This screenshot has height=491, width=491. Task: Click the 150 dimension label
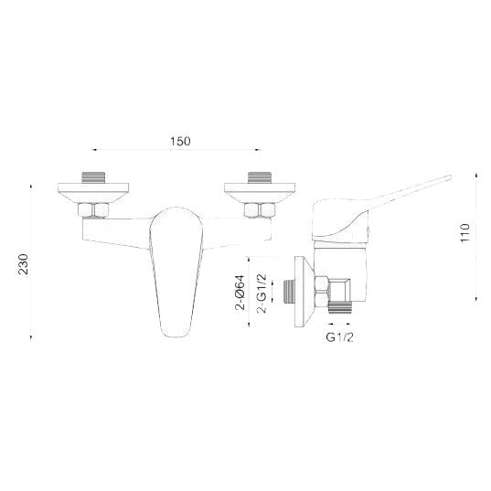point(180,141)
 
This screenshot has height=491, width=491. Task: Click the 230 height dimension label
point(23,264)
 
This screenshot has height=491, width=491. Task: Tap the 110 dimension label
point(465,232)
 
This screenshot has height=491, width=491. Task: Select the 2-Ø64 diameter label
point(240,293)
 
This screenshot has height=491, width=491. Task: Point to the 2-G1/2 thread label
point(262,294)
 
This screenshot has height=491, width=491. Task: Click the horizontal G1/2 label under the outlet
point(340,337)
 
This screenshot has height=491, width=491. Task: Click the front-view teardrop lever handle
point(176,272)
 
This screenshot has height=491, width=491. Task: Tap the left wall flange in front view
point(93,193)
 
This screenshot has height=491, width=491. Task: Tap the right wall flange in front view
point(260,193)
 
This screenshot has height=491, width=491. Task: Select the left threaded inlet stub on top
point(93,177)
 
